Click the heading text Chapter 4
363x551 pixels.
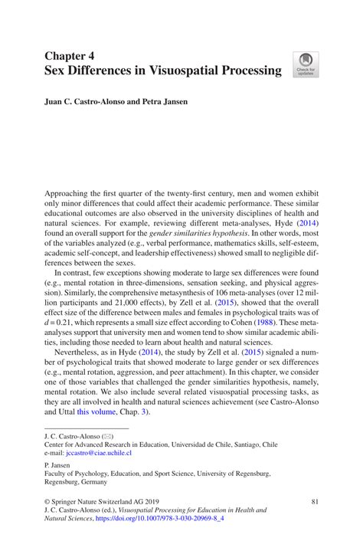tap(71, 57)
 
